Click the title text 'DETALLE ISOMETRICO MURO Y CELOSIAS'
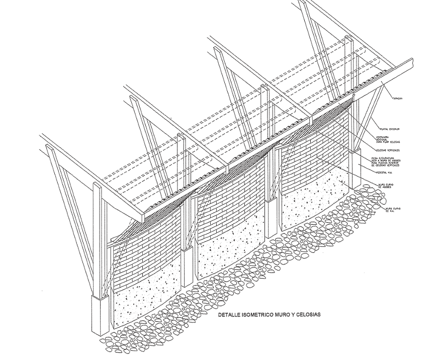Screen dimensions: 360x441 (x=269, y=315)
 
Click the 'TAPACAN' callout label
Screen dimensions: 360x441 (x=397, y=99)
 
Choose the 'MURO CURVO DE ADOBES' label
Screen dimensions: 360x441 (x=385, y=186)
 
